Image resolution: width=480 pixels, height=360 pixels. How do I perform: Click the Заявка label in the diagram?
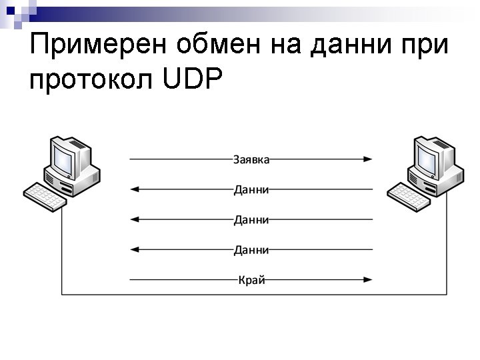click(x=251, y=159)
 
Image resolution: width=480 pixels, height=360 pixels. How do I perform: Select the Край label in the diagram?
click(x=251, y=280)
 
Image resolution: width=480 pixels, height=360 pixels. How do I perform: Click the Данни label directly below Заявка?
click(x=251, y=189)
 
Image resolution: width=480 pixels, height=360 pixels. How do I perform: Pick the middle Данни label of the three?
click(x=251, y=219)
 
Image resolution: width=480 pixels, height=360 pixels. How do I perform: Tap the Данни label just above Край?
click(x=251, y=250)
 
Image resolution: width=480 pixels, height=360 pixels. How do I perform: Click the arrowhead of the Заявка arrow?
click(x=368, y=159)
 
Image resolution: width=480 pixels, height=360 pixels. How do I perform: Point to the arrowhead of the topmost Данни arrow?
click(x=134, y=189)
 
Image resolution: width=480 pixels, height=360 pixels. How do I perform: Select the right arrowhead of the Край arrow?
click(x=368, y=280)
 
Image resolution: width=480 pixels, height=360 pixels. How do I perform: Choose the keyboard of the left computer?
click(x=45, y=196)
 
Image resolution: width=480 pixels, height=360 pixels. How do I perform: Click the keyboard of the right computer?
click(x=409, y=196)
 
